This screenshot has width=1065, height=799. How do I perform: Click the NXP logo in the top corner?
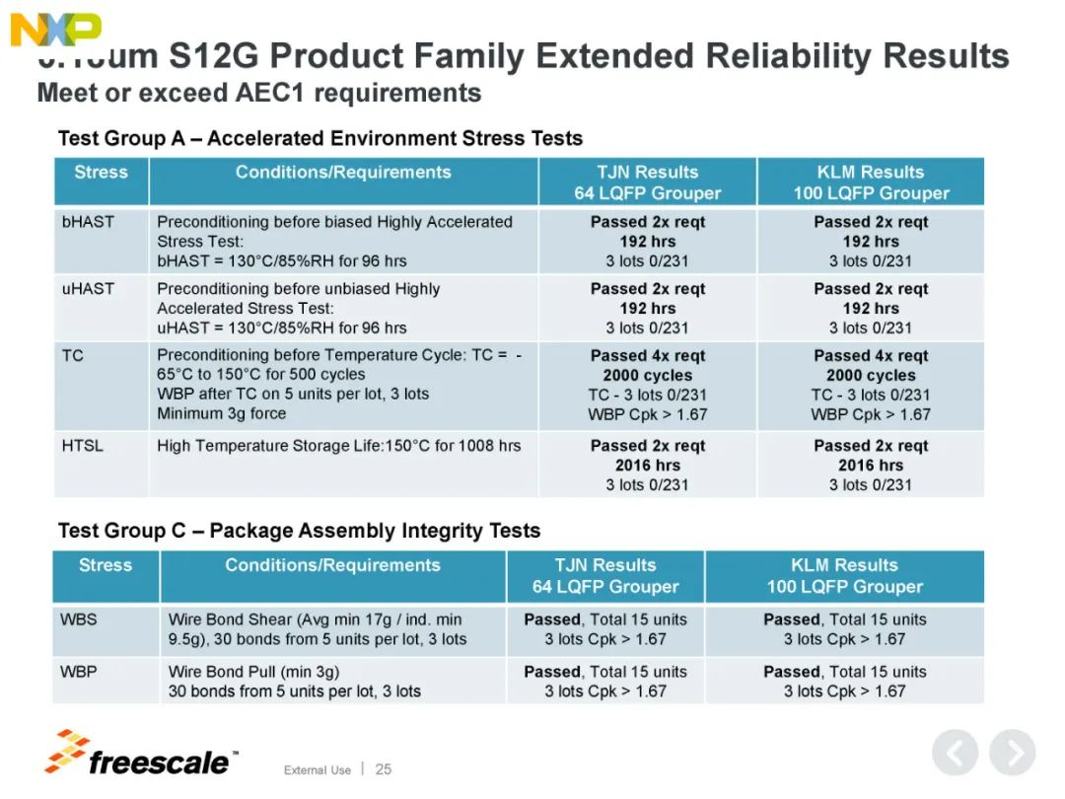(55, 29)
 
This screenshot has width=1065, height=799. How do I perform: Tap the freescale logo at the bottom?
(142, 755)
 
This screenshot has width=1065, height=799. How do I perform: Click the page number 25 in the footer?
(384, 768)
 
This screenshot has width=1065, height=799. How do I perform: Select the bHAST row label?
(88, 222)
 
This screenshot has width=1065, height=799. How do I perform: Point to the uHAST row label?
(88, 289)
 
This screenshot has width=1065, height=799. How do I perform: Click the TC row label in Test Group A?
(73, 355)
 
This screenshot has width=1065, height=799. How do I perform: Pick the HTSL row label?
(82, 446)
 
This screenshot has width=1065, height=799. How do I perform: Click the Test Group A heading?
(320, 138)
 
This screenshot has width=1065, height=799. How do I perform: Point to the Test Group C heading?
(299, 531)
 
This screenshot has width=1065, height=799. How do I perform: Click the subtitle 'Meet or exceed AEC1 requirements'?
(259, 94)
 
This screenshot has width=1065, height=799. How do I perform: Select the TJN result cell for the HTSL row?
(647, 465)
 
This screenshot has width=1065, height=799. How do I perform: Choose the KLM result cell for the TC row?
(871, 385)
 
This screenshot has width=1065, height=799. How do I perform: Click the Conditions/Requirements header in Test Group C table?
(332, 565)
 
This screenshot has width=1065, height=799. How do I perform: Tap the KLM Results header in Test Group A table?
(871, 182)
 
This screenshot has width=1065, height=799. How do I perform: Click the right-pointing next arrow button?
(1012, 755)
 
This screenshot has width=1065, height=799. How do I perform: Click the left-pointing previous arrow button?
(955, 755)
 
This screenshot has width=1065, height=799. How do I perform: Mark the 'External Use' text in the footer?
(317, 769)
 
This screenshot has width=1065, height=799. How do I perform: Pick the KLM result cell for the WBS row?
(844, 629)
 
